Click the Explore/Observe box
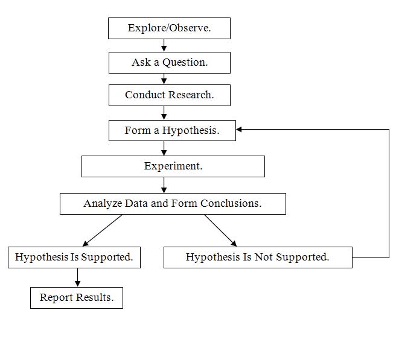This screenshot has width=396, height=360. [169, 28]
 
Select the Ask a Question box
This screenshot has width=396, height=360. [169, 62]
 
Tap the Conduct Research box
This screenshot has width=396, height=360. [169, 95]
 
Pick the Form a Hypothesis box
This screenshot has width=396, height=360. [172, 130]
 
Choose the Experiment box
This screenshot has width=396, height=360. [173, 166]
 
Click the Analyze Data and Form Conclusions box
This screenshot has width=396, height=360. [173, 204]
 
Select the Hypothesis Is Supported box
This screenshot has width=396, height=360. [74, 257]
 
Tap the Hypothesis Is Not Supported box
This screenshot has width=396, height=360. [258, 257]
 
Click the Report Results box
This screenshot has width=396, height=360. [77, 298]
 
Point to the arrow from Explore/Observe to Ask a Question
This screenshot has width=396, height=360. [164, 46]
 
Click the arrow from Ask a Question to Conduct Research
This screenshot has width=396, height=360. [164, 79]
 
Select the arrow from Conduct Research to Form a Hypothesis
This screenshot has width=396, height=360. [164, 113]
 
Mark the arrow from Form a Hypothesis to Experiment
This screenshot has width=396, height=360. [164, 148]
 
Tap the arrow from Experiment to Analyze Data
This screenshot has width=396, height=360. [164, 186]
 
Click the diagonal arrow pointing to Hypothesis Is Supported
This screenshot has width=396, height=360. [103, 230]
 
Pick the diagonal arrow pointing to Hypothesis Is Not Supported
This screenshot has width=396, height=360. [220, 230]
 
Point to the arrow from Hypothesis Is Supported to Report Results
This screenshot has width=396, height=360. [77, 277]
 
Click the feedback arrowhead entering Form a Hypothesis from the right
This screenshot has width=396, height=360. [240, 129]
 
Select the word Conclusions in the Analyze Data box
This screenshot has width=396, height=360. [232, 204]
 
